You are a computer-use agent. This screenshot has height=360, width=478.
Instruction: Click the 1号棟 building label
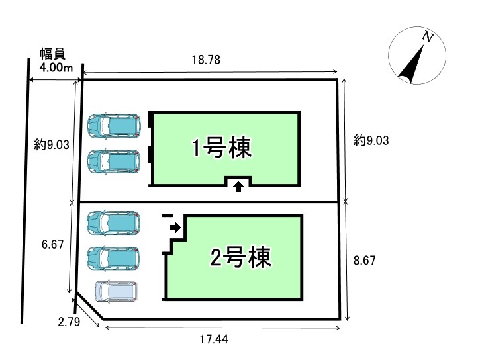(222, 148)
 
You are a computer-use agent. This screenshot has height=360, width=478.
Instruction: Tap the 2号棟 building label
(240, 257)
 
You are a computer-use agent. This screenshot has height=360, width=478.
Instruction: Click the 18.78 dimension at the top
(206, 60)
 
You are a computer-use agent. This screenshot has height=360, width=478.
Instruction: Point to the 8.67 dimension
(365, 261)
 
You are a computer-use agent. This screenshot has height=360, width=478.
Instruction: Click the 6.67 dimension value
(52, 244)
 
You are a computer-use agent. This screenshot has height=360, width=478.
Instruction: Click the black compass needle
(410, 64)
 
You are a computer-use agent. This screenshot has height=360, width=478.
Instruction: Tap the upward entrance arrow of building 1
(238, 187)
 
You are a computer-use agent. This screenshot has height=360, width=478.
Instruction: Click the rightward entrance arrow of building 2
(175, 228)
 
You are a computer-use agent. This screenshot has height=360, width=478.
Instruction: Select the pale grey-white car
(117, 292)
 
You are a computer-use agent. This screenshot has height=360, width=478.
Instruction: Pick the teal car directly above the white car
(113, 257)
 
